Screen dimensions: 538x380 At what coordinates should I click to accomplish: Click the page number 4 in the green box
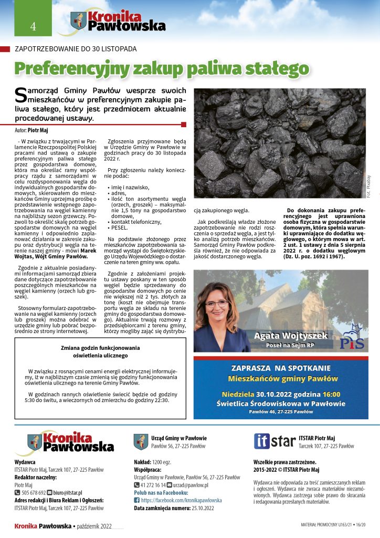point(33,26)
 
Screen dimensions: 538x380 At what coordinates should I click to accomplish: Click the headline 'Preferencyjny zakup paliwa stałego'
point(162,68)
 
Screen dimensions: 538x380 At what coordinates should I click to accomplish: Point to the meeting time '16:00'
point(331,394)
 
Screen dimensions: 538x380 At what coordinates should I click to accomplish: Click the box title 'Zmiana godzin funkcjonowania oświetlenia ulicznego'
point(99,351)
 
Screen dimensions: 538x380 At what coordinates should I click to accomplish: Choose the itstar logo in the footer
point(275,441)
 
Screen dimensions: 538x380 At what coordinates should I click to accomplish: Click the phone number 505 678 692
point(34,493)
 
